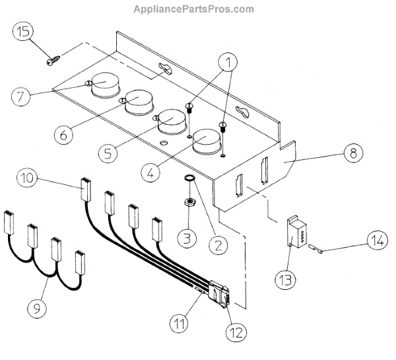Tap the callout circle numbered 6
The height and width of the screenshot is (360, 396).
(x=64, y=135)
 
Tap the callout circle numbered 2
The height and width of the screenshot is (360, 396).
(x=214, y=243)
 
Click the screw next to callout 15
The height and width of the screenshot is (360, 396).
(x=53, y=61)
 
